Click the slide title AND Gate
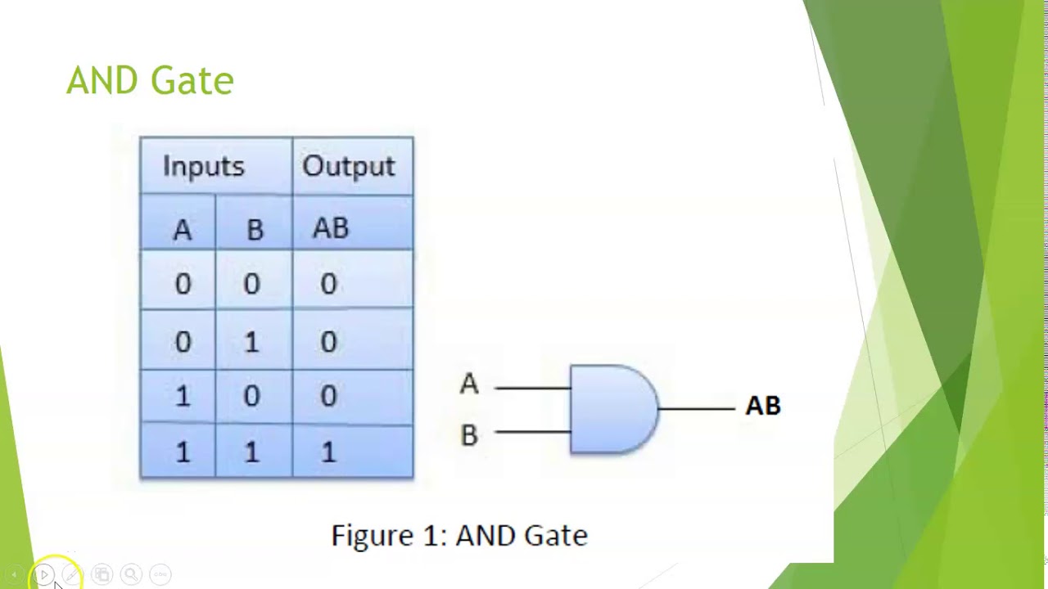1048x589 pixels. point(150,81)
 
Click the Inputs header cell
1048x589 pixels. point(203,166)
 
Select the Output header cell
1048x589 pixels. point(348,166)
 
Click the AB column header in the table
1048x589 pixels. point(331,228)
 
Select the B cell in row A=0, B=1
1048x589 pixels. point(251,341)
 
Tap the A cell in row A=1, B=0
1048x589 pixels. point(182,397)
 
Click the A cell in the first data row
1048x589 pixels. point(182,284)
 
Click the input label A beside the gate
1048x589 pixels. point(468,384)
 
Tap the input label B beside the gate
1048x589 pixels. point(468,434)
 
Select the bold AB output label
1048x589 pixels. point(763,406)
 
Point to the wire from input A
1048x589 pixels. point(532,387)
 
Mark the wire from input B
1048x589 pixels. point(532,431)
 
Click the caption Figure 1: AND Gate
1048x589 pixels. point(459,536)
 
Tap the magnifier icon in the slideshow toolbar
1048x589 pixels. point(130,574)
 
